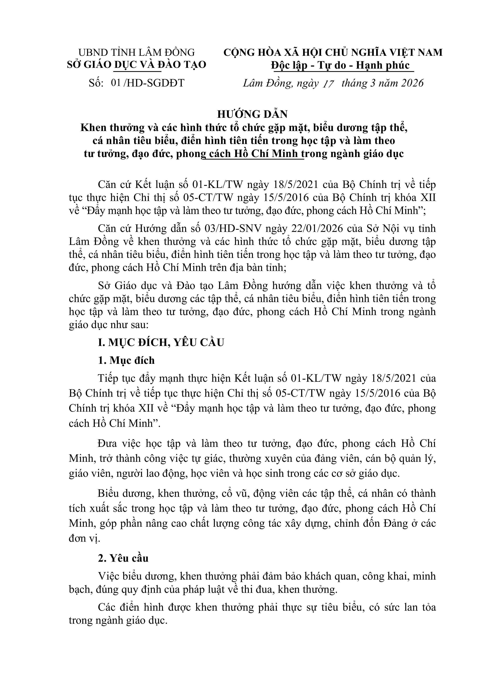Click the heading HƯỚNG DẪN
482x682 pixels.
pos(252,114)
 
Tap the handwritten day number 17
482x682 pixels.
pos(328,83)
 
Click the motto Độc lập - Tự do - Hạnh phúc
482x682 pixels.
pos(340,65)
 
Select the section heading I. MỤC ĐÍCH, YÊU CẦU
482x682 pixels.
pos(161,342)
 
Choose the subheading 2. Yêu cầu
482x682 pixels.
pos(123,558)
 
